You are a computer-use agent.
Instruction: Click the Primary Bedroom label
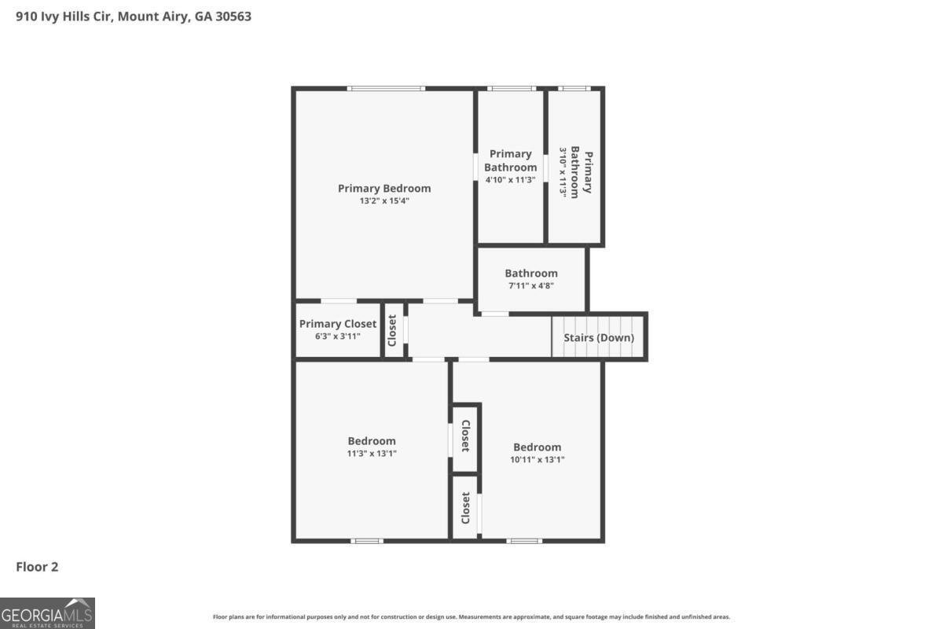pyautogui.click(x=384, y=189)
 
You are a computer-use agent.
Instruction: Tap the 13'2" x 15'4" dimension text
pyautogui.click(x=384, y=201)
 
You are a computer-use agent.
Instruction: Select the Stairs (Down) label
pyautogui.click(x=599, y=338)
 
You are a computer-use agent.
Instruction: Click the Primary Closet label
pyautogui.click(x=338, y=324)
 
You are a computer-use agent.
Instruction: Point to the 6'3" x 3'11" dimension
pyautogui.click(x=338, y=337)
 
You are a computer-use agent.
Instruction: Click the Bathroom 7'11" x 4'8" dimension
pyautogui.click(x=531, y=286)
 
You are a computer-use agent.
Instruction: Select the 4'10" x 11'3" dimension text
pyautogui.click(x=511, y=179)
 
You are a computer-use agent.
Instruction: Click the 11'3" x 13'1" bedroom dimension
pyautogui.click(x=372, y=453)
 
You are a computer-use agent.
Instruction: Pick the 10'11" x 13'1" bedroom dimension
pyautogui.click(x=538, y=460)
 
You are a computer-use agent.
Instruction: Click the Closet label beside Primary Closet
pyautogui.click(x=392, y=331)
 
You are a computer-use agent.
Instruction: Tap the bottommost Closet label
pyautogui.click(x=466, y=508)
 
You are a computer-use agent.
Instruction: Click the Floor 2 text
pyautogui.click(x=38, y=567)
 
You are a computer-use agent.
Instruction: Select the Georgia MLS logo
pyautogui.click(x=48, y=612)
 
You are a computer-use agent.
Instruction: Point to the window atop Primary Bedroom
pyautogui.click(x=387, y=89)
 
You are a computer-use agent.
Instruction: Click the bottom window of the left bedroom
pyautogui.click(x=367, y=541)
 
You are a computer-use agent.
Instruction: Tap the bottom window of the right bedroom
pyautogui.click(x=524, y=541)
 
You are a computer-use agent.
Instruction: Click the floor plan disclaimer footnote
pyautogui.click(x=472, y=617)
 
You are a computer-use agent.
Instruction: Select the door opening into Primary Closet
pyautogui.click(x=339, y=301)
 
